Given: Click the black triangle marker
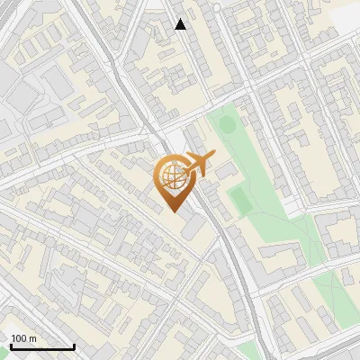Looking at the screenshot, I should (x=181, y=24).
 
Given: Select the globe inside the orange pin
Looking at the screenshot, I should (x=172, y=177).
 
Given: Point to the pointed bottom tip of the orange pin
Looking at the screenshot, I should (x=173, y=212).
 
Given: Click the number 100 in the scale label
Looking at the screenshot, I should (x=19, y=338).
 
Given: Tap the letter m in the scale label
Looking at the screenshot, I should (x=32, y=338).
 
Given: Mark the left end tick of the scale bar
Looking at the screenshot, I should (x=10, y=346).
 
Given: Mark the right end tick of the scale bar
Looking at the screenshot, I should (x=74, y=346).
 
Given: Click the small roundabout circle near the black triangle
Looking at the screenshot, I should (x=217, y=7).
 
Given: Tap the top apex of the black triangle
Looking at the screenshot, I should (x=181, y=19).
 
